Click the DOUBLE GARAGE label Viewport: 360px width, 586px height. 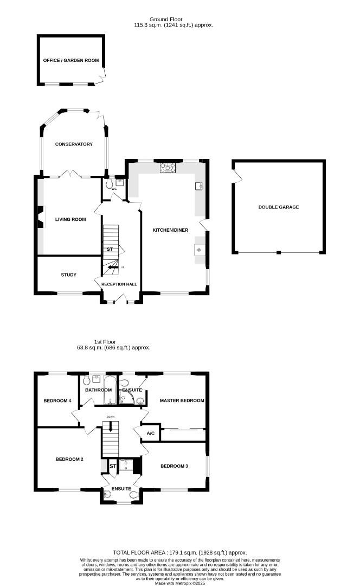pyautogui.click(x=279, y=207)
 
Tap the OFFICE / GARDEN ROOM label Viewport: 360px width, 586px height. pyautogui.click(x=71, y=60)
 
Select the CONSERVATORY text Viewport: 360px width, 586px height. pyautogui.click(x=74, y=144)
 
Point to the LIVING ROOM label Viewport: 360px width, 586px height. pyautogui.click(x=70, y=219)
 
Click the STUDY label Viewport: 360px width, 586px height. pyautogui.click(x=68, y=275)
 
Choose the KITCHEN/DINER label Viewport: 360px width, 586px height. pyautogui.click(x=170, y=230)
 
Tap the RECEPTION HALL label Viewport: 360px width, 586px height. pyautogui.click(x=119, y=284)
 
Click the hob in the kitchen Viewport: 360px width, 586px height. pyautogui.click(x=168, y=168)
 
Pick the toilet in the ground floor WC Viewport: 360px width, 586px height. pyautogui.click(x=110, y=184)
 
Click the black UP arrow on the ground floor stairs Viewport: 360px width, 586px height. pyautogui.click(x=112, y=267)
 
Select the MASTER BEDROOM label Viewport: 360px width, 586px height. pyautogui.click(x=182, y=400)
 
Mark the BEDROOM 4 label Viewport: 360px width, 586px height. pyautogui.click(x=57, y=400)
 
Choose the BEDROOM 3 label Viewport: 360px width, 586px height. pyautogui.click(x=174, y=466)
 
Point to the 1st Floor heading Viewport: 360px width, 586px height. pyautogui.click(x=105, y=342)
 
